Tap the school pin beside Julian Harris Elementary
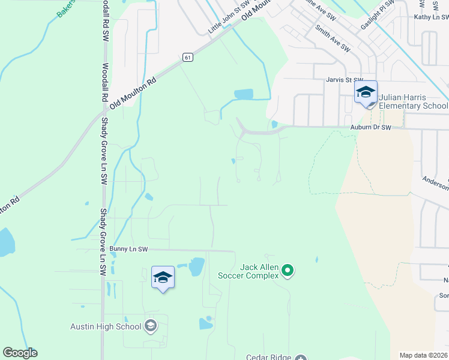366,93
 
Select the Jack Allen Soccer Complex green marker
288,271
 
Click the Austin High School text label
106,326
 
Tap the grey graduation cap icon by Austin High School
151,326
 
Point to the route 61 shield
188,57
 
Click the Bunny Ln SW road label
128,249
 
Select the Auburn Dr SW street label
370,128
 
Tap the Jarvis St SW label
345,80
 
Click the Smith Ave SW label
333,38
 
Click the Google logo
20,353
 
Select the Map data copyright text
423,355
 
